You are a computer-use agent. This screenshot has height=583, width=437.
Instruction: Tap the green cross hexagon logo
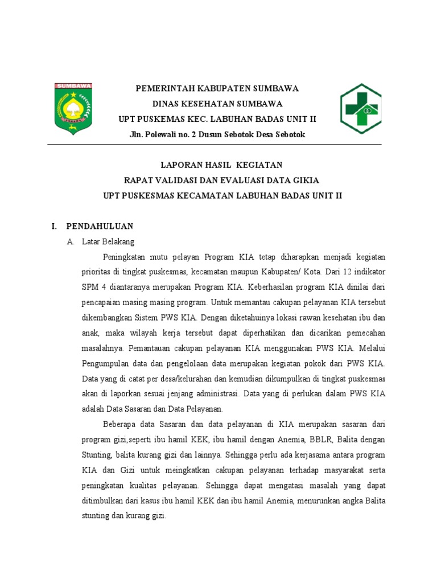(x=361, y=108)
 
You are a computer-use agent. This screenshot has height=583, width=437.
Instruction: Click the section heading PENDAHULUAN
(x=100, y=226)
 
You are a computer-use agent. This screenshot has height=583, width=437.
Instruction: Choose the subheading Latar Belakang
(x=108, y=241)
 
